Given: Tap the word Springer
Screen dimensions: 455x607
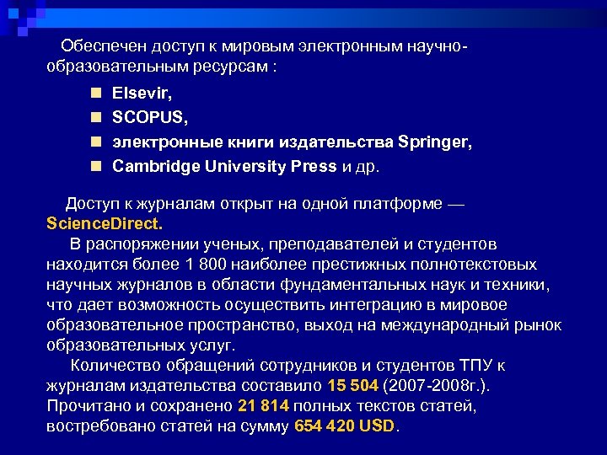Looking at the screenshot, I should [x=435, y=143].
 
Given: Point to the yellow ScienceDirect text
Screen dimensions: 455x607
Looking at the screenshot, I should [x=105, y=225].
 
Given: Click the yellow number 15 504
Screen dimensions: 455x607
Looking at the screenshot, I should [x=352, y=386].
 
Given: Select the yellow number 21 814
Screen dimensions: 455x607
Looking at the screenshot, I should [x=264, y=406].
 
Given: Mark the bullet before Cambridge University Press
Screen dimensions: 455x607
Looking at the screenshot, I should [x=98, y=166].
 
